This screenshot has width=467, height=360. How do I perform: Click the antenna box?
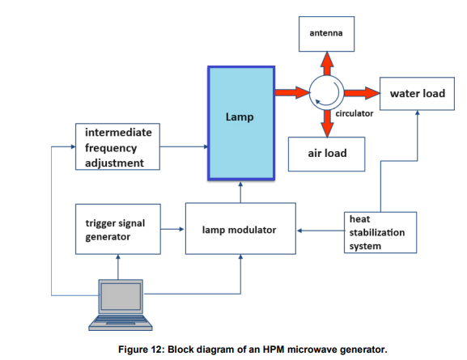pos(326,34)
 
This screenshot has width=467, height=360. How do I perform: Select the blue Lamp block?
pos(241,123)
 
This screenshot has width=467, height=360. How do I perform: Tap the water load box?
pos(417,94)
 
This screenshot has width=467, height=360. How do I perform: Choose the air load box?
pos(326,154)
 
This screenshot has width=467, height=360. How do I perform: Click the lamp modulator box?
pos(240,228)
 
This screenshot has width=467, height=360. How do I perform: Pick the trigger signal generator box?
pos(118,229)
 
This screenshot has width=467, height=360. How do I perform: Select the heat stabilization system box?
pos(380,232)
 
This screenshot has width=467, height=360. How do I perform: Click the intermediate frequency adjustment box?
pos(117,146)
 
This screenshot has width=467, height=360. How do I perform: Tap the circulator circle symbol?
pos(327,92)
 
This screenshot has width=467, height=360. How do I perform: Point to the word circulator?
pos(354,113)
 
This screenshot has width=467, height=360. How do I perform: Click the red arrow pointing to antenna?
pos(327,63)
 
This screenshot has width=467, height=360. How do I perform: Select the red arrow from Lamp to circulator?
pos(292,92)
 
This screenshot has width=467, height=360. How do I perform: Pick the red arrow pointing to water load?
pos(362,93)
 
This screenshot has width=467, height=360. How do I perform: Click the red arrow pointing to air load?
pos(327,124)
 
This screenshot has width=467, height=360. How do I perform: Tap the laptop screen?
pos(121,296)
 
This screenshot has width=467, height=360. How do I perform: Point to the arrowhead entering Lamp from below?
pos(240,184)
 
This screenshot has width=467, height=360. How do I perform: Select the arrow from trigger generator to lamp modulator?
pos(172,229)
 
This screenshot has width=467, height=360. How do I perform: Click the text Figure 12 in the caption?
pos(141,349)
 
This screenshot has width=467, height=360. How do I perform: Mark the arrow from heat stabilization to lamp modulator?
pos(321,231)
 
